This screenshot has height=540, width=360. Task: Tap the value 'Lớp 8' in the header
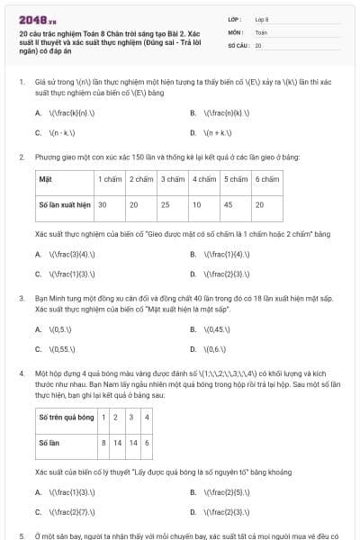pos(262,18)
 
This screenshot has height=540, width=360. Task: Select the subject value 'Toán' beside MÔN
pos(261,31)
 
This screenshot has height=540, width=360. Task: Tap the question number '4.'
pos(22,371)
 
